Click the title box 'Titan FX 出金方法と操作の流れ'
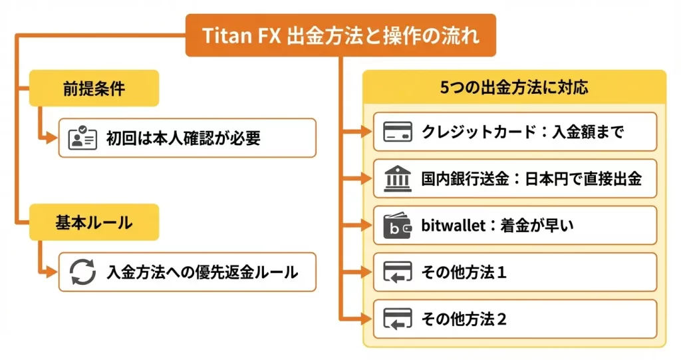coord(340,35)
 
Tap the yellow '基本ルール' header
coord(94,222)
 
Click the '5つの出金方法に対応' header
coord(514,87)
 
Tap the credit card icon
coord(398,132)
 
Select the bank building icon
coord(398,178)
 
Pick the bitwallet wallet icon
coord(398,226)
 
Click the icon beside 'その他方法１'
coord(398,272)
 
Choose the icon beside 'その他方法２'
coord(398,319)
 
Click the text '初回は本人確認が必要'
coord(183,138)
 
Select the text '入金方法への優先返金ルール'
coord(202,272)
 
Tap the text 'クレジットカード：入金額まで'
coord(522,132)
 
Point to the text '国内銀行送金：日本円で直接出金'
coord(531,178)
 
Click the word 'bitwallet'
coord(450,226)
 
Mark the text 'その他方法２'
coord(464,319)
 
